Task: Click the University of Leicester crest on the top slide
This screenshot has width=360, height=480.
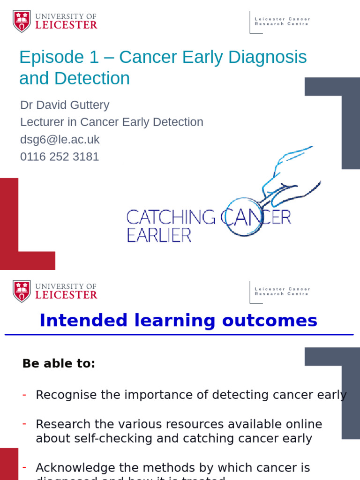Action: pyautogui.click(x=22, y=22)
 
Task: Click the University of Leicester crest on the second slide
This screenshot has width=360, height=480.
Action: pyautogui.click(x=22, y=291)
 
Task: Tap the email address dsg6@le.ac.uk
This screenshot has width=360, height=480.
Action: pyautogui.click(x=60, y=139)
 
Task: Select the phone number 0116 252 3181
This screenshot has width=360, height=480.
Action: pyautogui.click(x=60, y=157)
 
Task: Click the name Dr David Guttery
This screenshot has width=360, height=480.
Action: pyautogui.click(x=65, y=105)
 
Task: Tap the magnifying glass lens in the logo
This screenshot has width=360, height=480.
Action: pyautogui.click(x=243, y=217)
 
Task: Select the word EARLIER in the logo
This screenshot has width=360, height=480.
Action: pyautogui.click(x=159, y=235)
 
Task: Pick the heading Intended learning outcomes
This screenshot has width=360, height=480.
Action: pyautogui.click(x=179, y=321)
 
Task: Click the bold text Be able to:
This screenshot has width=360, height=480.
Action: pyautogui.click(x=59, y=363)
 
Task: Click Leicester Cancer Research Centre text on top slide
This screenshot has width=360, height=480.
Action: pyautogui.click(x=282, y=22)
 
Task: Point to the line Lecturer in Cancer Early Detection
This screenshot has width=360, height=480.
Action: pyautogui.click(x=112, y=122)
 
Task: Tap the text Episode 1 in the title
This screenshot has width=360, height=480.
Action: pyautogui.click(x=59, y=58)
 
